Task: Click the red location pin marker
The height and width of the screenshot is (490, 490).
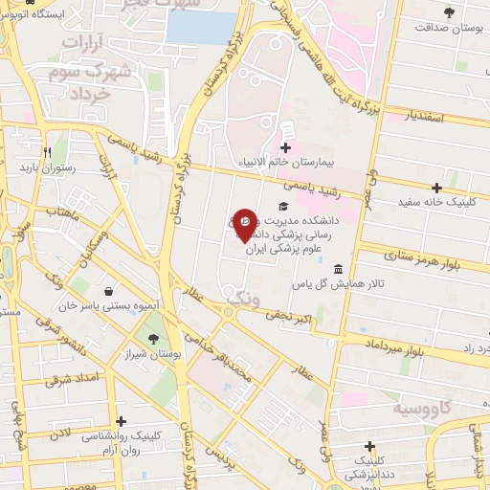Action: coord(244,225)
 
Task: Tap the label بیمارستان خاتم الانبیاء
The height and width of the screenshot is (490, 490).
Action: coord(329,164)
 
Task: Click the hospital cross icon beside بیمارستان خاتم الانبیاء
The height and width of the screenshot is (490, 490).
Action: coord(285,147)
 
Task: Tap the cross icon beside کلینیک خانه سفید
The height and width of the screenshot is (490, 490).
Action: coord(437,188)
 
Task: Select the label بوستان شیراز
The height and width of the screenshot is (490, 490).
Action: coord(150,355)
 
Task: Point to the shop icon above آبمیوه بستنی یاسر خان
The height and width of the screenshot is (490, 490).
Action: coord(111,291)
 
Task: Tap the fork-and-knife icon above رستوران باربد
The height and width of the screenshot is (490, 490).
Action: coord(46,151)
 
